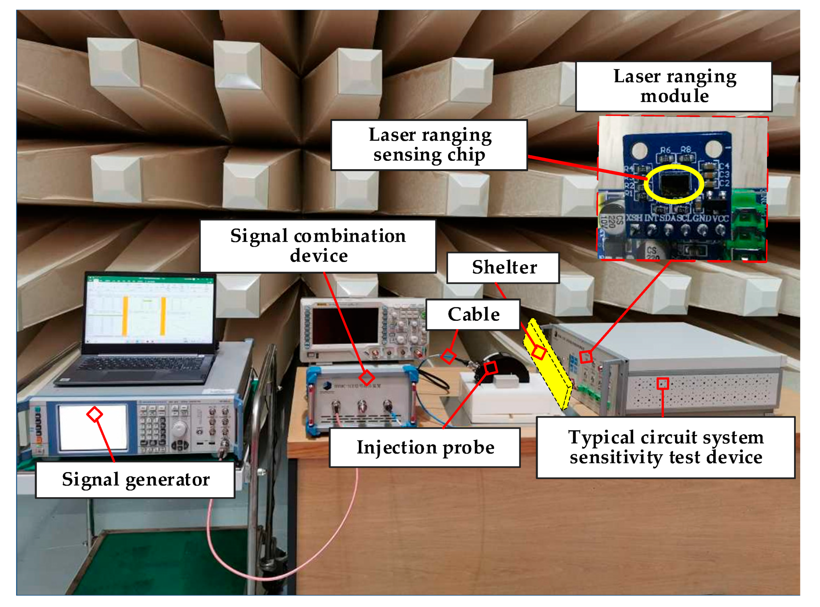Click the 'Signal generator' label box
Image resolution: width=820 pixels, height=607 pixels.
(x=135, y=480)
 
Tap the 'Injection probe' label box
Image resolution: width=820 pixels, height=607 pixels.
(x=425, y=447)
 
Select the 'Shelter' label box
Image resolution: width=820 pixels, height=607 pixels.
(x=503, y=267)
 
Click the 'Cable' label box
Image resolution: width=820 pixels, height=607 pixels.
(x=473, y=314)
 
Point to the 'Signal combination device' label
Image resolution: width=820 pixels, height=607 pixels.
(x=318, y=246)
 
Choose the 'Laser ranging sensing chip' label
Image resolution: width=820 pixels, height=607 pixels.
(x=429, y=145)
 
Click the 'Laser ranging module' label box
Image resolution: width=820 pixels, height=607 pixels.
(x=674, y=86)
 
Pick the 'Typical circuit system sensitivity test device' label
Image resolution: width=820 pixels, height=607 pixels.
(x=665, y=447)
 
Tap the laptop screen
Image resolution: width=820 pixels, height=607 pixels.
(x=150, y=310)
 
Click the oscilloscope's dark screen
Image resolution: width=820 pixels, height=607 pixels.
(x=345, y=326)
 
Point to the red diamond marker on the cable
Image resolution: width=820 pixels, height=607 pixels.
(x=448, y=356)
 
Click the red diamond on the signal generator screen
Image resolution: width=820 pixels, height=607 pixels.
(x=94, y=414)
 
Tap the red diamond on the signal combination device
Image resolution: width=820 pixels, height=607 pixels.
(x=366, y=377)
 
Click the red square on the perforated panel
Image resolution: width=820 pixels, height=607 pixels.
(x=663, y=383)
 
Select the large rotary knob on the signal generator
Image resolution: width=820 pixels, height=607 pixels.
(x=180, y=428)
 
